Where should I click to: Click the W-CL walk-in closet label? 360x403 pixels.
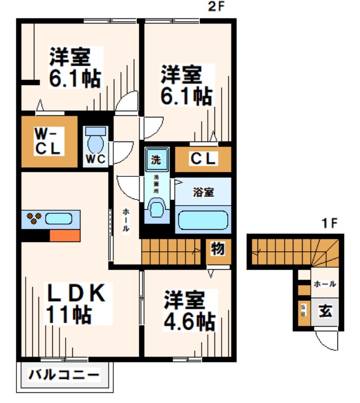48,142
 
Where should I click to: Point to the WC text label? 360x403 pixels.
95,159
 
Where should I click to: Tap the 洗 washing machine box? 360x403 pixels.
155,159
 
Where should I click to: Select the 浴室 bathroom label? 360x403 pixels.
203,193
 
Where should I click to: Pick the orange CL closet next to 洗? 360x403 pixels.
203,159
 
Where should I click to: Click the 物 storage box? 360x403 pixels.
217,250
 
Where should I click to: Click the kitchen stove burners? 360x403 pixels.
34,219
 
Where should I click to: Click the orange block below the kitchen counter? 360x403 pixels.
65,235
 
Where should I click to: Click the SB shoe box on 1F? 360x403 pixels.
303,311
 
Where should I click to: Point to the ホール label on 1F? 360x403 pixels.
324,284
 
